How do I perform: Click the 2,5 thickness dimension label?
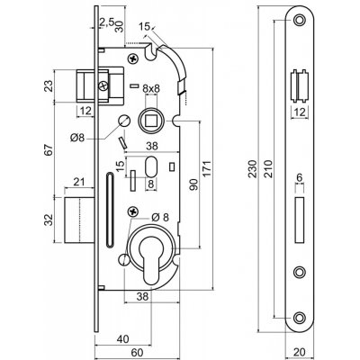tap(106, 22)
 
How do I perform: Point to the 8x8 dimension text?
tap(151, 89)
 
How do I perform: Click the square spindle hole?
tap(151, 121)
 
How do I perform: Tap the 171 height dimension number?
tap(208, 169)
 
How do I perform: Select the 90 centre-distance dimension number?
tap(194, 184)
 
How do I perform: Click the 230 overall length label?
tap(254, 169)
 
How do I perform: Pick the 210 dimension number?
tap(268, 169)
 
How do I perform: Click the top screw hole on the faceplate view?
tap(299, 21)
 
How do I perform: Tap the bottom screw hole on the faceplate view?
tap(299, 318)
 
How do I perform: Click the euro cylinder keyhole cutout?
tap(151, 259)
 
